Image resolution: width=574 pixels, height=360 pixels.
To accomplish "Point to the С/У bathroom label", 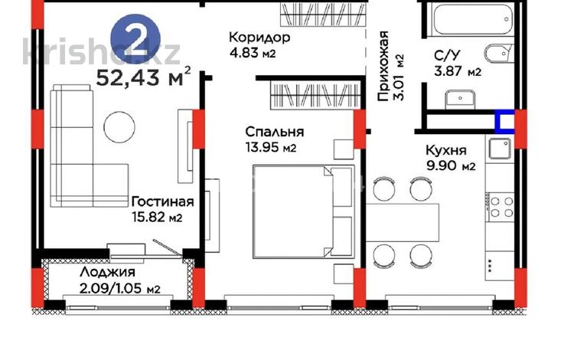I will coord(448,55).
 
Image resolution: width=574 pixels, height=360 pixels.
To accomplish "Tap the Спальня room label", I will coord(269,131).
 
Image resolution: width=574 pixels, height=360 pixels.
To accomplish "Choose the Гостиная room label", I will coord(161,201).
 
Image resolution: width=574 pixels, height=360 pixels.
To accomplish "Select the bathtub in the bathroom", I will coord(469,19).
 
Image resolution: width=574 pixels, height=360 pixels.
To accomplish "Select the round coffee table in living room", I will coord(119,126).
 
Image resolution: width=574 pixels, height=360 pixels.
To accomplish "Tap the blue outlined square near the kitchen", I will coord(504,122).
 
